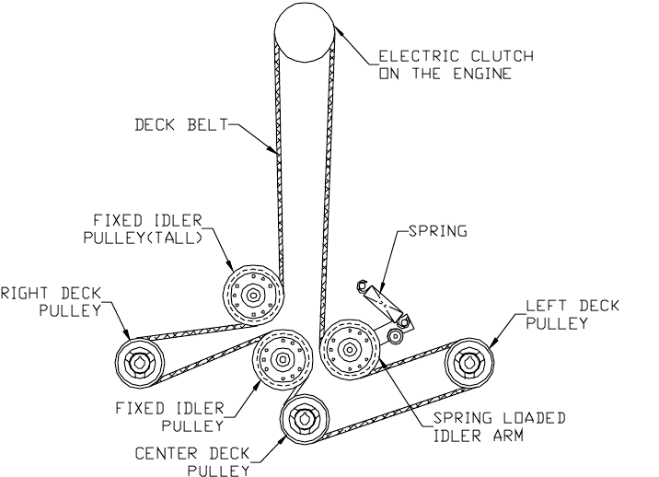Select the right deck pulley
[x=140, y=361]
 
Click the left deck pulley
[x=470, y=363]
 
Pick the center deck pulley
[x=305, y=421]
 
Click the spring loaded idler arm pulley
[x=350, y=349]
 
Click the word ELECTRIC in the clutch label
[x=420, y=58]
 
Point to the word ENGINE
[x=483, y=74]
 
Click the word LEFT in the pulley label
[x=543, y=306]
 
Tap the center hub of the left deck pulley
[x=470, y=363]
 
